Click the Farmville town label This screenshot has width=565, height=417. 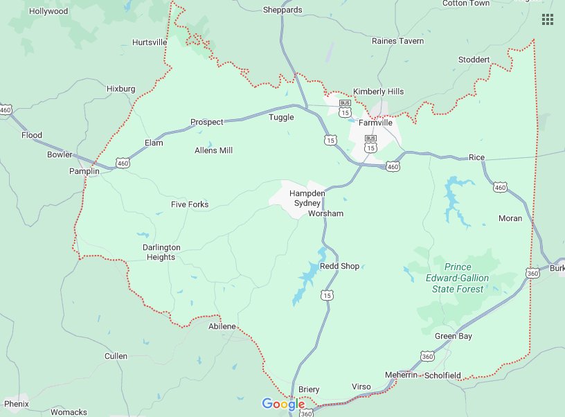point(375,123)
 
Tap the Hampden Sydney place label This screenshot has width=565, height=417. point(307,198)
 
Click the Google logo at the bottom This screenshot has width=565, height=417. point(283,404)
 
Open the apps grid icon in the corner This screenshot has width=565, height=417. point(548,19)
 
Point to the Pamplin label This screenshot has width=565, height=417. point(84,170)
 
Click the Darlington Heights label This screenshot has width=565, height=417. point(161,252)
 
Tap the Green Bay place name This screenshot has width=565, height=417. point(454,336)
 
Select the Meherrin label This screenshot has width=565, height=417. point(402,375)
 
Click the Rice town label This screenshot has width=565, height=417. point(476,157)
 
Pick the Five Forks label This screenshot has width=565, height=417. point(190,204)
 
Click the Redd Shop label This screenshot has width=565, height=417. point(339,266)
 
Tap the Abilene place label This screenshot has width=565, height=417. point(222,326)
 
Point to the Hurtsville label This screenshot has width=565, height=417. point(150,42)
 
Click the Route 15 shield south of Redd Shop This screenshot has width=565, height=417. point(326,296)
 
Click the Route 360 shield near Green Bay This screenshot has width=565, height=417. point(427,356)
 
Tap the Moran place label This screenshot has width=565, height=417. point(510,218)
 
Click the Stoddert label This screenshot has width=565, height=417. point(474,60)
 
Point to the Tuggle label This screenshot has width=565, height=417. point(281,117)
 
